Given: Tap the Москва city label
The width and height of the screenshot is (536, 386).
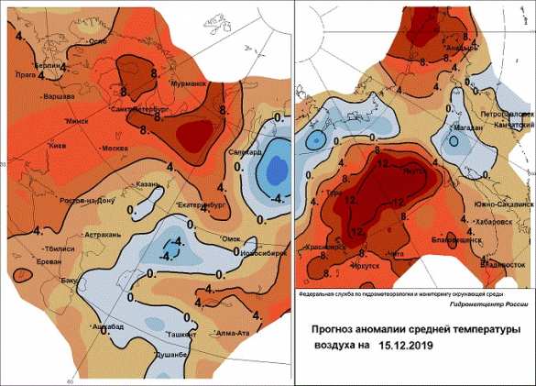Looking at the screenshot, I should pos(114,149).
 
